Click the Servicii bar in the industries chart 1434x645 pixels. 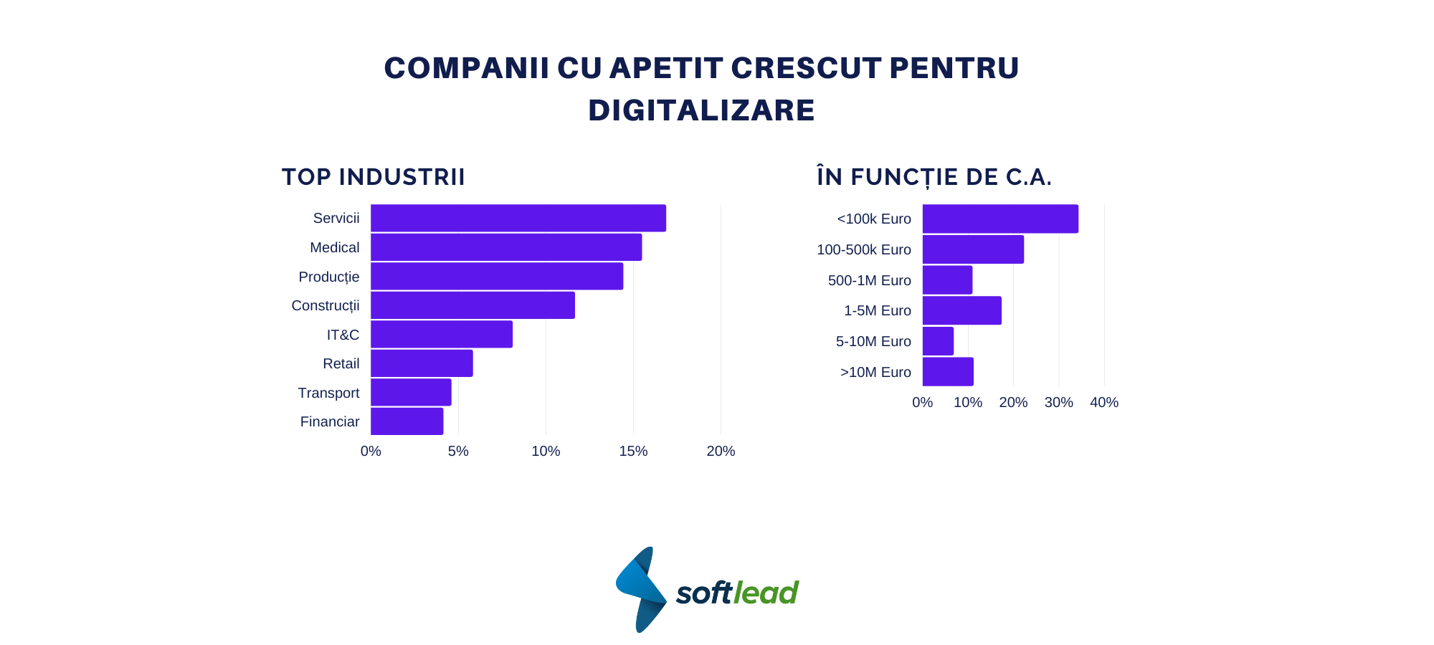[518, 218]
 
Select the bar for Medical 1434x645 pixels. [506, 247]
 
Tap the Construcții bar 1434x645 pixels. [473, 305]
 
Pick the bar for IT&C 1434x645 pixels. [442, 334]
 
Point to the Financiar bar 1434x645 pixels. [407, 421]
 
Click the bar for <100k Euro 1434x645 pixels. [1000, 219]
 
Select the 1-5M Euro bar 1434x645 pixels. [961, 310]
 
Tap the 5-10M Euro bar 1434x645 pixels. [938, 341]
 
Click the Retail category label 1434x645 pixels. [341, 364]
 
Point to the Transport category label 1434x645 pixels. [328, 393]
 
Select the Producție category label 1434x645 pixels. [328, 277]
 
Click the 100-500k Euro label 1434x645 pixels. [863, 249]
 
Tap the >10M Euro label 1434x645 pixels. [875, 372]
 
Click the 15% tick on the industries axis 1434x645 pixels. [633, 451]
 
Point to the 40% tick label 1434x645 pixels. [1103, 402]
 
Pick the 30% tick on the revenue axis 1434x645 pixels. [1058, 402]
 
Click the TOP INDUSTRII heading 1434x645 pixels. [374, 177]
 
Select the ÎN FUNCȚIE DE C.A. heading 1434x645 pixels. [934, 177]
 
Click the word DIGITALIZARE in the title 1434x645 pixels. [701, 110]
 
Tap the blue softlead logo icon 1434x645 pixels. [641, 589]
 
